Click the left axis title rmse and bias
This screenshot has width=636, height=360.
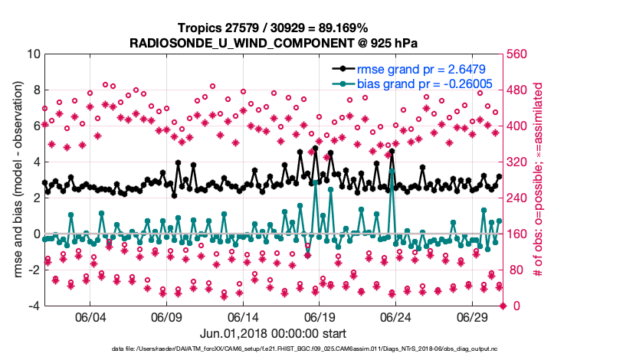coord(15,180)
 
